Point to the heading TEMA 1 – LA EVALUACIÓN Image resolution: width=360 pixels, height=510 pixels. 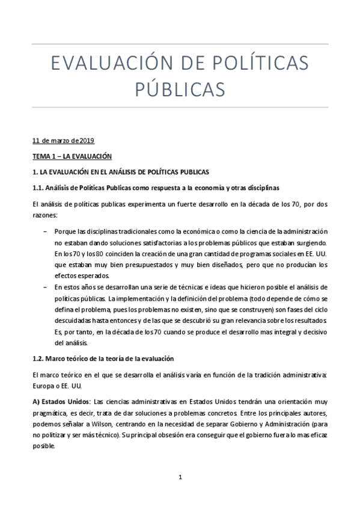(72, 156)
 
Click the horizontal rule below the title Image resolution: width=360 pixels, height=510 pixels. (180, 108)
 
